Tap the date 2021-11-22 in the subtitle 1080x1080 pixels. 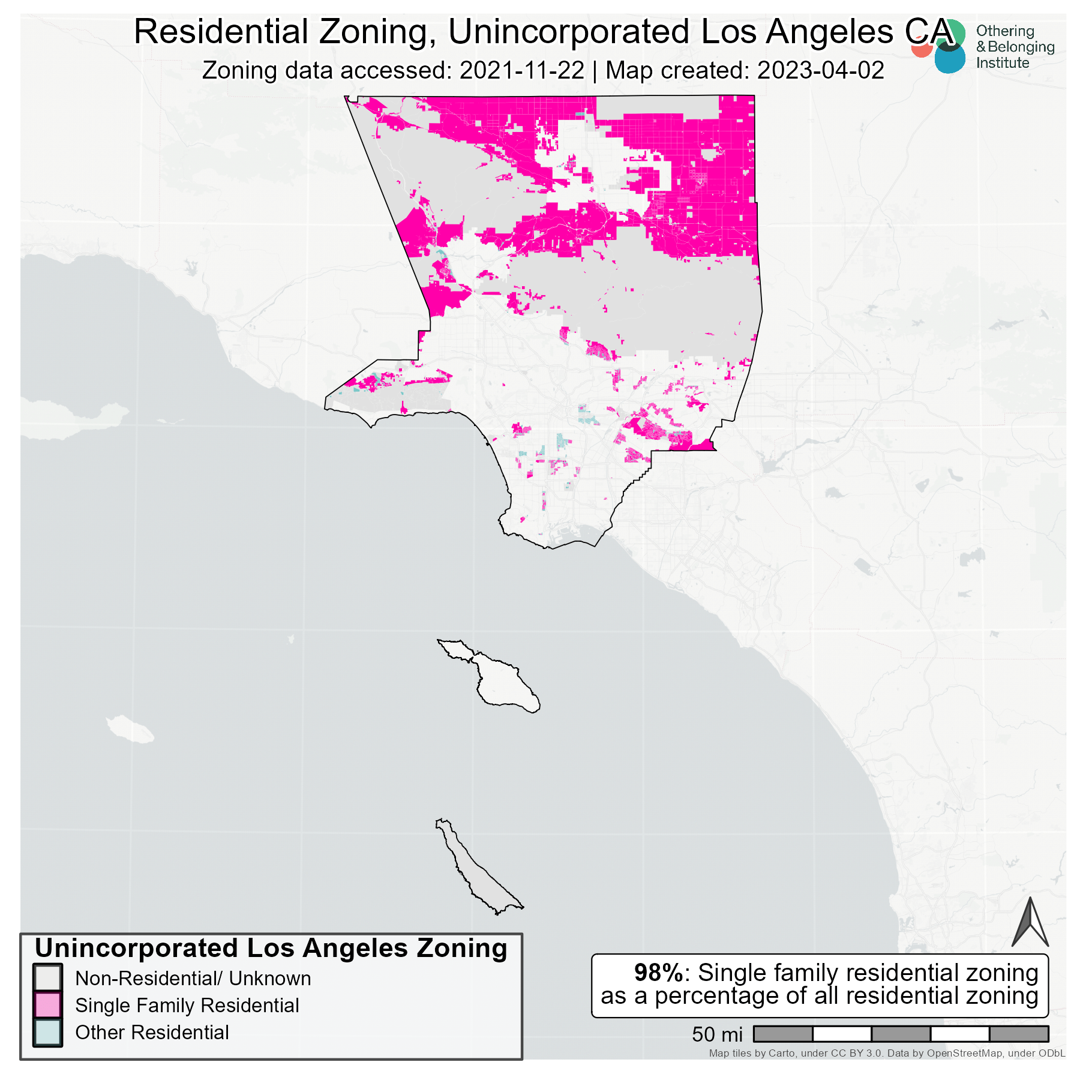[x=521, y=71]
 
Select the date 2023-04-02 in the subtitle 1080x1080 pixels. [x=820, y=71]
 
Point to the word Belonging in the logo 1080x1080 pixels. [x=1021, y=47]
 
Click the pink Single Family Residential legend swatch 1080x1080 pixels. [x=47, y=1005]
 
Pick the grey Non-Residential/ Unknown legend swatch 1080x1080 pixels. [x=47, y=978]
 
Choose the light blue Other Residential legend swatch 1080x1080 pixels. [x=47, y=1032]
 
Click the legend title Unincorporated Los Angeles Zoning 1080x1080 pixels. [x=271, y=949]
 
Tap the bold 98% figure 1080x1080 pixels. [x=658, y=973]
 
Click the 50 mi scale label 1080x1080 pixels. [x=717, y=1034]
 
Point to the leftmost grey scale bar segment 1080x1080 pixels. [x=782, y=1034]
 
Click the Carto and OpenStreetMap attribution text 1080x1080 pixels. [x=887, y=1053]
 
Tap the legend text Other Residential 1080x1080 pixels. [x=152, y=1032]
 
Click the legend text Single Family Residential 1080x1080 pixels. [x=187, y=1005]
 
